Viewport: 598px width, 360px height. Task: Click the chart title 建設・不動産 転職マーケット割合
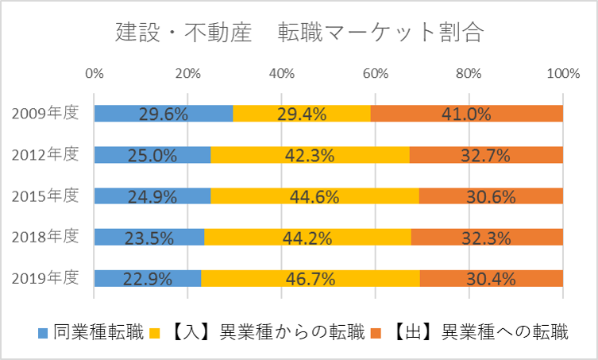point(299,33)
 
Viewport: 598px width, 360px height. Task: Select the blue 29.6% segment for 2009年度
point(163,113)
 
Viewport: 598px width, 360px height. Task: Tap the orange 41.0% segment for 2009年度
point(466,113)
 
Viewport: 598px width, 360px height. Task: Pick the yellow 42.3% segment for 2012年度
point(311,154)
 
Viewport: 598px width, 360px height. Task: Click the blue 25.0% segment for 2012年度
point(152,154)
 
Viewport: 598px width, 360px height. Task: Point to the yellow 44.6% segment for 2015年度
point(314,195)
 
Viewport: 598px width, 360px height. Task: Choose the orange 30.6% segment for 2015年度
point(491,195)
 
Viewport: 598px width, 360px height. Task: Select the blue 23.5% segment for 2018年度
point(149,237)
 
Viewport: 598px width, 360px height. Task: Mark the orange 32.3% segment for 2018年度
point(487,237)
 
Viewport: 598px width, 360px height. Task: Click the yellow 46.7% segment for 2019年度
point(311,278)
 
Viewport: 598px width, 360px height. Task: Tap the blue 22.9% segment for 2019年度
point(147,278)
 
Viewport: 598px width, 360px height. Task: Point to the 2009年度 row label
point(46,113)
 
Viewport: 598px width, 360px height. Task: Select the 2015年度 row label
point(46,195)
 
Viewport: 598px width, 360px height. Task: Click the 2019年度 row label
point(46,278)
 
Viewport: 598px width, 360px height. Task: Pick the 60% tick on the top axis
point(375,74)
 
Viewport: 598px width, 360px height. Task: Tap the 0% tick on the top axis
point(94,74)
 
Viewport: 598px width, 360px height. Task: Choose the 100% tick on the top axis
point(562,74)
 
